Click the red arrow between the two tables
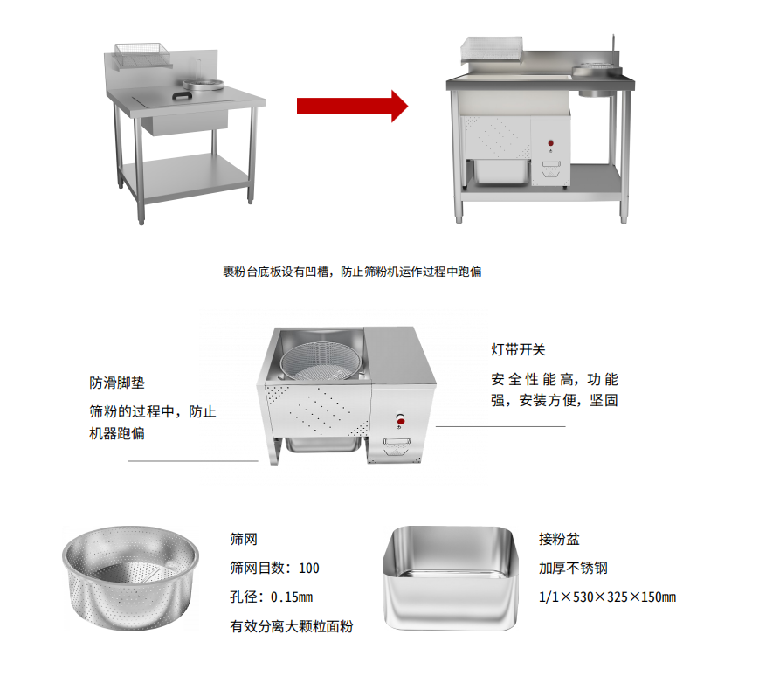352,106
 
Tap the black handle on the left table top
183,95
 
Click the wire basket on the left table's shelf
142,55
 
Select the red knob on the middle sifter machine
400,422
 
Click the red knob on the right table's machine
551,143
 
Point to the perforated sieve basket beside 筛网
130,578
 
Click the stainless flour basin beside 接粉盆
450,578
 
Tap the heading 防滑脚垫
117,383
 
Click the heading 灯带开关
519,349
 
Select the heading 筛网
244,539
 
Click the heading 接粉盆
559,539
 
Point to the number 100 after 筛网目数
309,568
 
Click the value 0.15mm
292,597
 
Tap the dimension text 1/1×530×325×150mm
608,597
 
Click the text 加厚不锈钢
573,568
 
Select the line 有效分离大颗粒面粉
292,626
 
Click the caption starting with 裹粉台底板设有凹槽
352,272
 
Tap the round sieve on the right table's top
597,71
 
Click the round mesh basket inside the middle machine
321,361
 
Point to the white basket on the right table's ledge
492,50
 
